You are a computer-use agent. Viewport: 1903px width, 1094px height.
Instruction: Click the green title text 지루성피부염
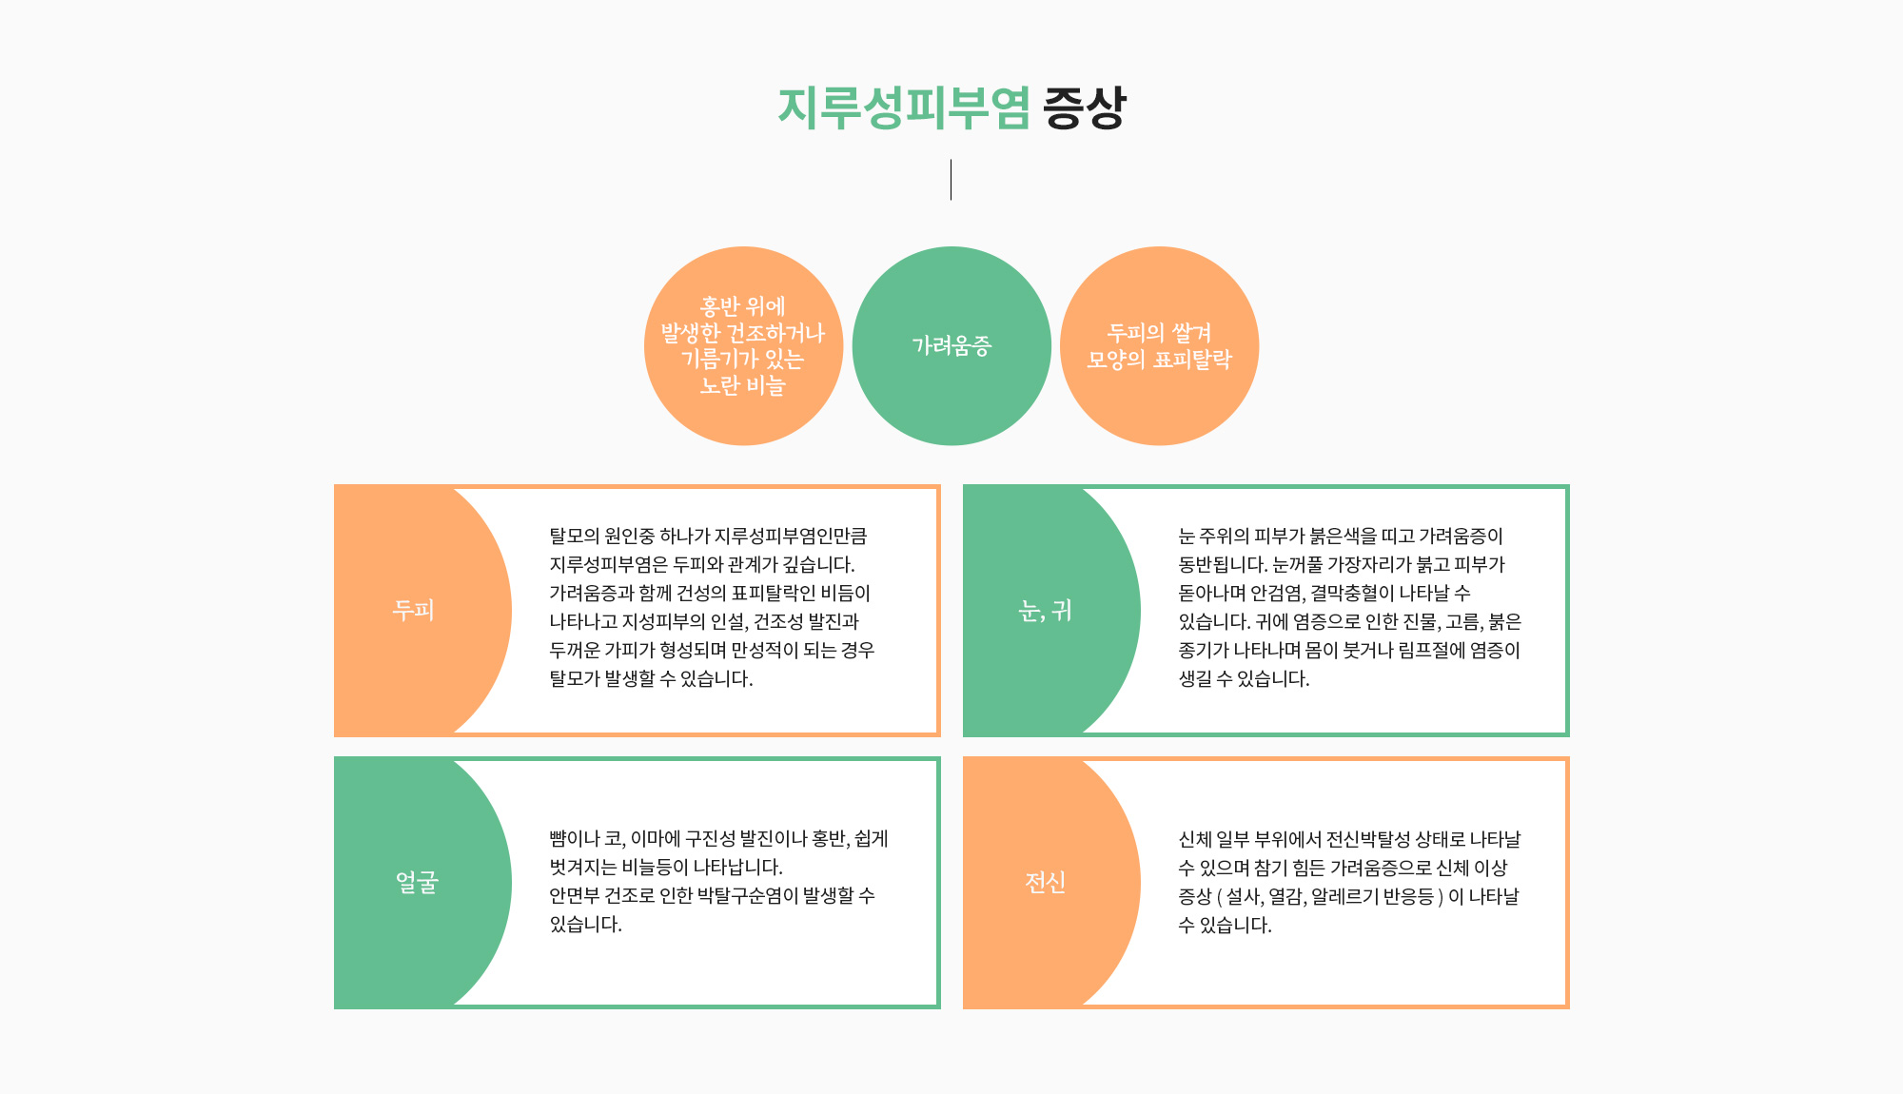pos(904,107)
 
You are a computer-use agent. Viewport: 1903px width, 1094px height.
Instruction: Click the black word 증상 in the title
pos(1085,107)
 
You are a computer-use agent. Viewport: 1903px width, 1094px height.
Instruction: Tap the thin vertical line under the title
pos(951,180)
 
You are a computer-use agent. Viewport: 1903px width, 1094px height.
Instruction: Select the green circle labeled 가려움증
pos(951,345)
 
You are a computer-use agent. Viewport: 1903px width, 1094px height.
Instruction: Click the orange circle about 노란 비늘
pos(743,345)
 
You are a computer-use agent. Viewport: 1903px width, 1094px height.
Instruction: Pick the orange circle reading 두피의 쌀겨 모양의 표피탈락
pos(1159,345)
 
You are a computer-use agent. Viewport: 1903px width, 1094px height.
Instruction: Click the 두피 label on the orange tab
pos(414,610)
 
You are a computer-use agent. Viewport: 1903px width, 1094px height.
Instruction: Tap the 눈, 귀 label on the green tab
pos(1045,610)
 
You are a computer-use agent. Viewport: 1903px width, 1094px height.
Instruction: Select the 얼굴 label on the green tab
pos(417,882)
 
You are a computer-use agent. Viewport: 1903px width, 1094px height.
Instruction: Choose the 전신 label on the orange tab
pos(1045,882)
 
